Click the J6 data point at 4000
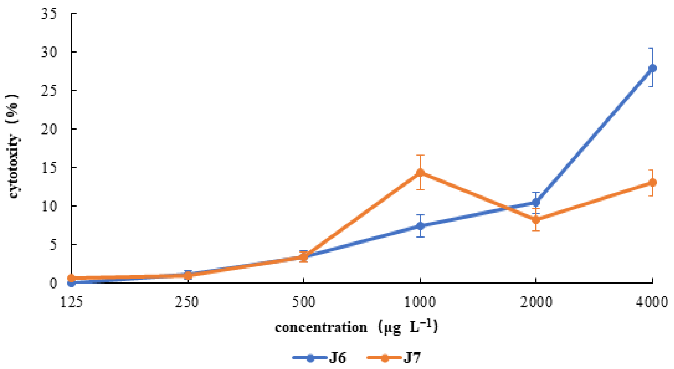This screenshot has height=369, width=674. [652, 68]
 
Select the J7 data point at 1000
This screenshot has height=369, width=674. [420, 172]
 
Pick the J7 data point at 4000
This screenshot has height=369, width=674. [652, 183]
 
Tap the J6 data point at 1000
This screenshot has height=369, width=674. [420, 226]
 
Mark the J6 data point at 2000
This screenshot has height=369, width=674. [536, 202]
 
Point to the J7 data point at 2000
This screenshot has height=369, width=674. [536, 220]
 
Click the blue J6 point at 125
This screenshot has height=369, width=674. [72, 283]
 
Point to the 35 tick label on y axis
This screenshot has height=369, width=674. [49, 13]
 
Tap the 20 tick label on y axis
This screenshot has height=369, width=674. [49, 129]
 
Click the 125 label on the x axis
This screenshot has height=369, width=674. [71, 302]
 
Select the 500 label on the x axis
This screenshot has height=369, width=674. [303, 302]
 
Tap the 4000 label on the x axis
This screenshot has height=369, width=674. [652, 302]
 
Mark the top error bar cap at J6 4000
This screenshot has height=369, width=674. [652, 48]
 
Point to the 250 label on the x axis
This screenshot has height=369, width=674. [187, 302]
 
